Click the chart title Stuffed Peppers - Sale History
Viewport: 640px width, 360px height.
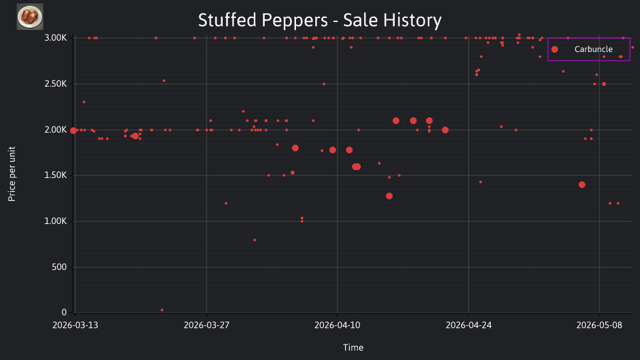(x=319, y=20)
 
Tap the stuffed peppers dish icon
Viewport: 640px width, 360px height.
(x=30, y=17)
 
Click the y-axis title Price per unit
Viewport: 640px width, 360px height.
(x=11, y=174)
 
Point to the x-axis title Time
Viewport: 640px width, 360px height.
(x=353, y=347)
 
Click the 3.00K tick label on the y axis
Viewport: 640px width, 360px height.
(x=55, y=38)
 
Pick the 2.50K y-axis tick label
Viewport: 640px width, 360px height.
(x=55, y=84)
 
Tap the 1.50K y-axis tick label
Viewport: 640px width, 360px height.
(x=55, y=175)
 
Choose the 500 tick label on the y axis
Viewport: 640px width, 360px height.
(x=59, y=267)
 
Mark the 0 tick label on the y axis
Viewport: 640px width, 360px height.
(x=64, y=312)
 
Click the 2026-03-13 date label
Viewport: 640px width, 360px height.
(x=75, y=325)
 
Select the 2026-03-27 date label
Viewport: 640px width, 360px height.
(x=207, y=325)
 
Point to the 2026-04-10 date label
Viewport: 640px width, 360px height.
(x=337, y=325)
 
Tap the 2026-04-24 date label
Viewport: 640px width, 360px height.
(x=469, y=325)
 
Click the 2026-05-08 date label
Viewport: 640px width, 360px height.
(x=599, y=325)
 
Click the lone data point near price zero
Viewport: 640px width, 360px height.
(x=162, y=310)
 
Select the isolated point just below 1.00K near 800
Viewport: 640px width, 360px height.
(x=255, y=240)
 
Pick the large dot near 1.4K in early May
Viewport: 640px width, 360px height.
(x=582, y=185)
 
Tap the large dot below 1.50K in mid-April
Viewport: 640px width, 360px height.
(x=389, y=196)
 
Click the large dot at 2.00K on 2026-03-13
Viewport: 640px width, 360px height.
(x=73, y=131)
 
